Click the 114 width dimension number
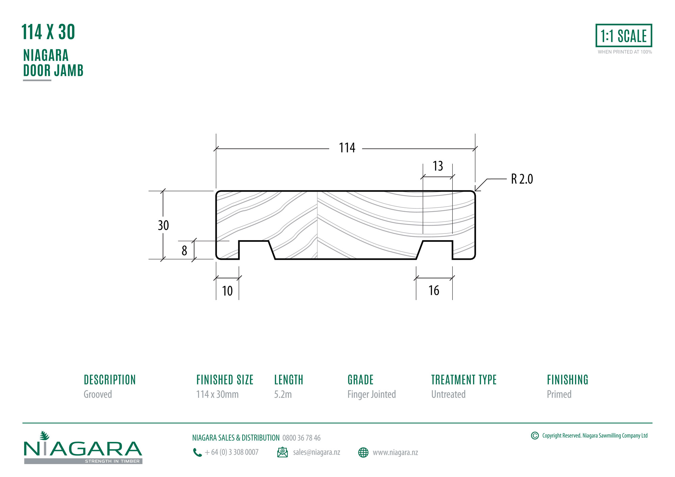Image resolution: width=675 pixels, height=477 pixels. coord(347,148)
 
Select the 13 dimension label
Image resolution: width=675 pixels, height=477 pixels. coord(438,166)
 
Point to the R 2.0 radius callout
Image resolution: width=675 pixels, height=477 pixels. coord(522,179)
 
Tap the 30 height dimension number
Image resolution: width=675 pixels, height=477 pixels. coord(163,225)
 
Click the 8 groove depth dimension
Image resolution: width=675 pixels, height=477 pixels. coord(184,251)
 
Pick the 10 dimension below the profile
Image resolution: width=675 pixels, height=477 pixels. coord(227,291)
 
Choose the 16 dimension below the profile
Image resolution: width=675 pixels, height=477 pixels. coord(434,290)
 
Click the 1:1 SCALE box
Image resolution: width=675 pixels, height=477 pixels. coord(624,35)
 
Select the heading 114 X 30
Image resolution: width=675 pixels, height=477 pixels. coord(48,32)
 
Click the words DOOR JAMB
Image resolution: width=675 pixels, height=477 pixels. coord(53,71)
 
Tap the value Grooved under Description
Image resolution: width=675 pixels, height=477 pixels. coord(98,394)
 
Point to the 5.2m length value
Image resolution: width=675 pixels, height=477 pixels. coord(283,394)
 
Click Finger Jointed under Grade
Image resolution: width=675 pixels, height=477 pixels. coord(372,394)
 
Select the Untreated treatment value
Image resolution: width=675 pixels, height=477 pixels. coord(448,394)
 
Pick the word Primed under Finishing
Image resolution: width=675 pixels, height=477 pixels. coord(559,394)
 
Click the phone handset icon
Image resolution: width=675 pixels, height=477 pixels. coord(197,452)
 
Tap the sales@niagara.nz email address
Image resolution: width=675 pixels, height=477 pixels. coord(317,452)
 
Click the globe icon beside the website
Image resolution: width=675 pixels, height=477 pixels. coord(363,452)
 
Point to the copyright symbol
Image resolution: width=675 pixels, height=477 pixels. coord(535,436)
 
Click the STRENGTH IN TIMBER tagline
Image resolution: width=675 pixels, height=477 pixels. coord(112,461)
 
